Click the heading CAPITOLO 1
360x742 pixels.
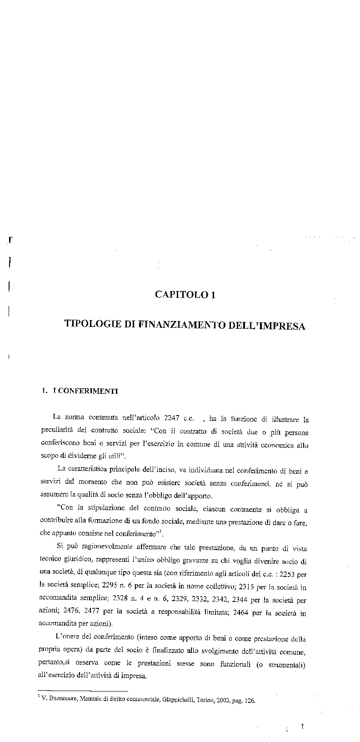click(x=185, y=295)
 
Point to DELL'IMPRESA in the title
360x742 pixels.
click(x=271, y=326)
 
